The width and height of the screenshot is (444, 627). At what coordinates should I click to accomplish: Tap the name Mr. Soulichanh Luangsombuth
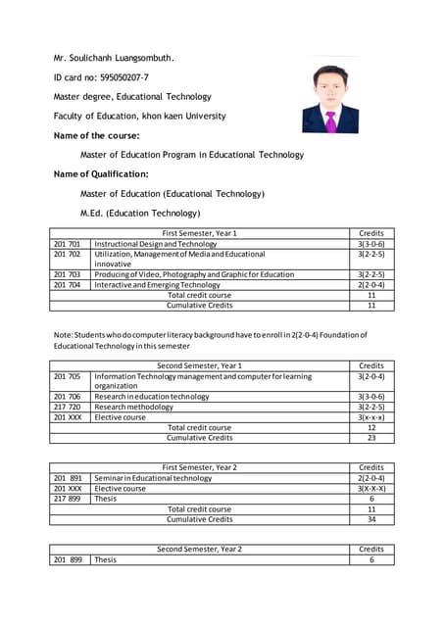(114, 57)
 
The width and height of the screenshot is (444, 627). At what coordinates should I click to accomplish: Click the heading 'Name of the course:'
(96, 135)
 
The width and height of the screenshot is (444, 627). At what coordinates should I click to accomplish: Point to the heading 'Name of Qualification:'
(101, 173)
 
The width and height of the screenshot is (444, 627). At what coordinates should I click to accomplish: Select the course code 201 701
(68, 244)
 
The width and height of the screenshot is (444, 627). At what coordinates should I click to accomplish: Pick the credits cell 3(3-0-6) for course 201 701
(370, 244)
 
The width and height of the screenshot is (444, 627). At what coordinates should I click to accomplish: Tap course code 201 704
(68, 284)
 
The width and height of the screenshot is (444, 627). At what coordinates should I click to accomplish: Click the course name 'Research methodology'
(133, 407)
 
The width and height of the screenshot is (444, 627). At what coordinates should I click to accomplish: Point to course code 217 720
(68, 407)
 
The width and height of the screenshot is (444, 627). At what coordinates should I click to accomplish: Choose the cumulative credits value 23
(370, 438)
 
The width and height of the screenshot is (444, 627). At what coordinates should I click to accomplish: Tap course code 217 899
(68, 499)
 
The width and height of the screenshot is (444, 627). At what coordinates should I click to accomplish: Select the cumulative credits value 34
(370, 519)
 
